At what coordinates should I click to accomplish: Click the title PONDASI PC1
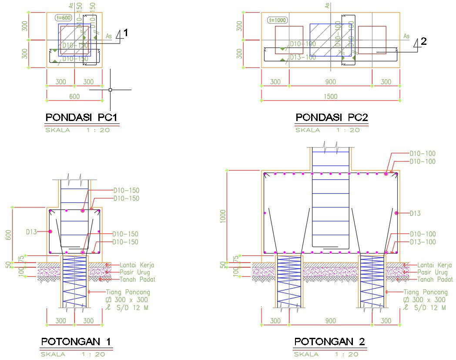[x=81, y=118]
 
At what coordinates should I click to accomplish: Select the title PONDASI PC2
[x=332, y=118]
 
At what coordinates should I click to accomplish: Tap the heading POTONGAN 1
[x=77, y=342]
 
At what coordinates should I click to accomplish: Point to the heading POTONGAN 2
[x=330, y=342]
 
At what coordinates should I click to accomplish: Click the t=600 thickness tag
[x=64, y=18]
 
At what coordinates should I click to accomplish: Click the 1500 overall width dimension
[x=331, y=96]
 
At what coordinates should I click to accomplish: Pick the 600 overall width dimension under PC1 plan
[x=74, y=96]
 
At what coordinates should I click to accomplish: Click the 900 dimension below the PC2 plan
[x=331, y=82]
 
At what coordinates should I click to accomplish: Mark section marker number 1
[x=126, y=33]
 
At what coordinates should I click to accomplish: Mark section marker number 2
[x=424, y=42]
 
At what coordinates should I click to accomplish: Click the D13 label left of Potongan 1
[x=31, y=232]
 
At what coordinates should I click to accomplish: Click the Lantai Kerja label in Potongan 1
[x=137, y=265]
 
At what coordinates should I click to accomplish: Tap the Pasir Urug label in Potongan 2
[x=432, y=272]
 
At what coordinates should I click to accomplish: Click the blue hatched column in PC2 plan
[x=330, y=40]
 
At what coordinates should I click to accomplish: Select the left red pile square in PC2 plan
[x=289, y=40]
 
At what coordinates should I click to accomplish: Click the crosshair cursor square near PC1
[x=110, y=90]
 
